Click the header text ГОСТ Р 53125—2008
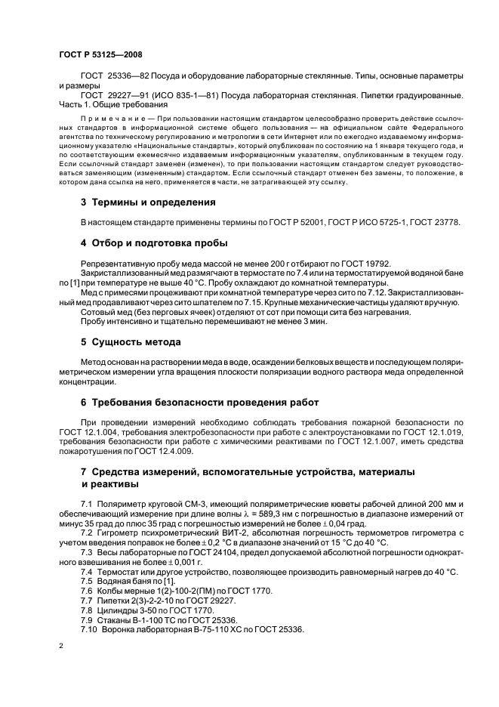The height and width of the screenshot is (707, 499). [100, 54]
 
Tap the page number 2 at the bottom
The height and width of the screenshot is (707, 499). [61, 647]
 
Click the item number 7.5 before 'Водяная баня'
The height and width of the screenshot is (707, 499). [86, 581]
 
